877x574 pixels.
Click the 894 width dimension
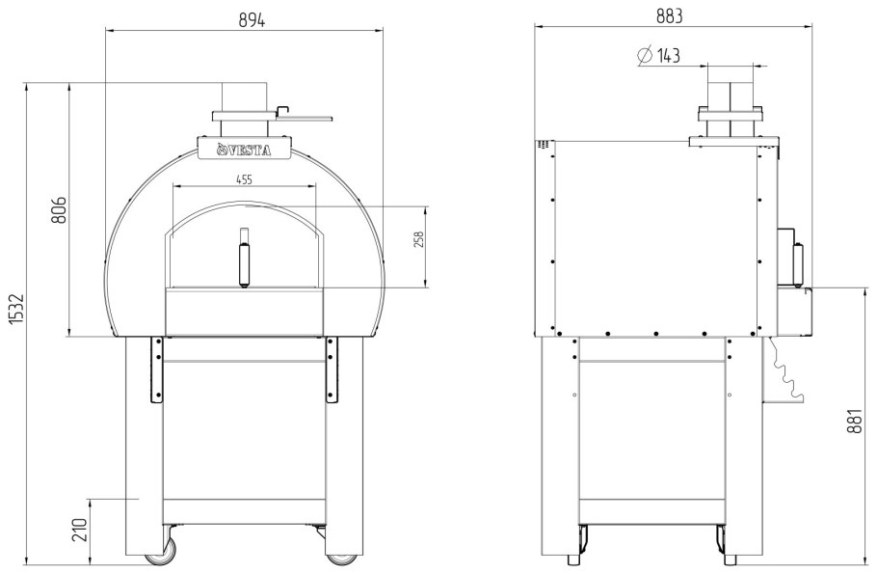(252, 20)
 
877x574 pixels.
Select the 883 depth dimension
(670, 16)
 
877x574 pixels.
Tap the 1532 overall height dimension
(17, 308)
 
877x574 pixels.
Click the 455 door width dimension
(244, 179)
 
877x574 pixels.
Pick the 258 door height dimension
(419, 239)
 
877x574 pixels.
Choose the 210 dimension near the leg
(81, 530)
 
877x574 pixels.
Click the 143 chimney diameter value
(669, 55)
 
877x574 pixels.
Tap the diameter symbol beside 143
(645, 55)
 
